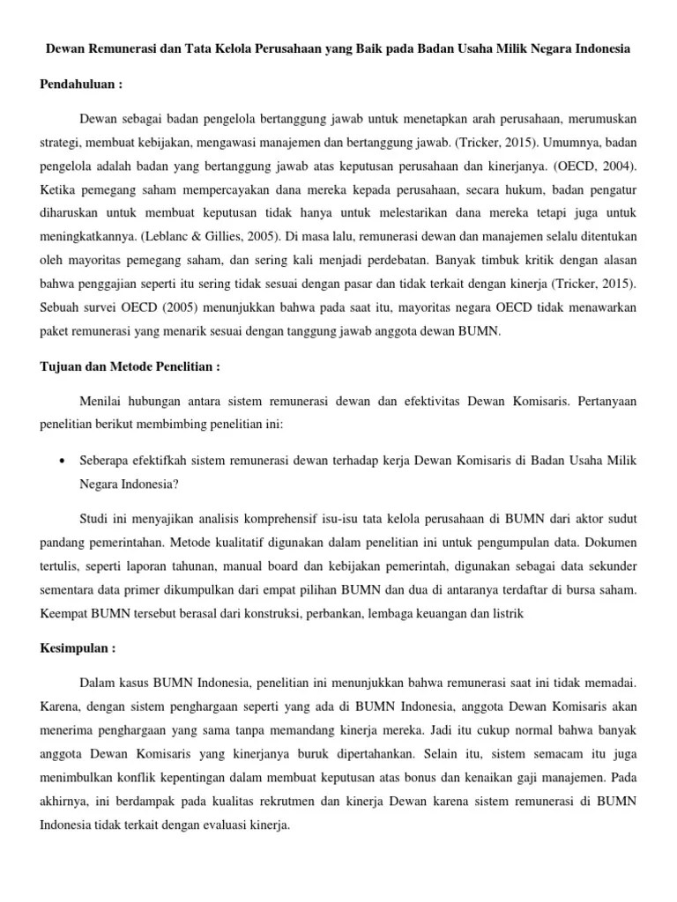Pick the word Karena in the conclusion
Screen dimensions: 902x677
(x=59, y=707)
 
